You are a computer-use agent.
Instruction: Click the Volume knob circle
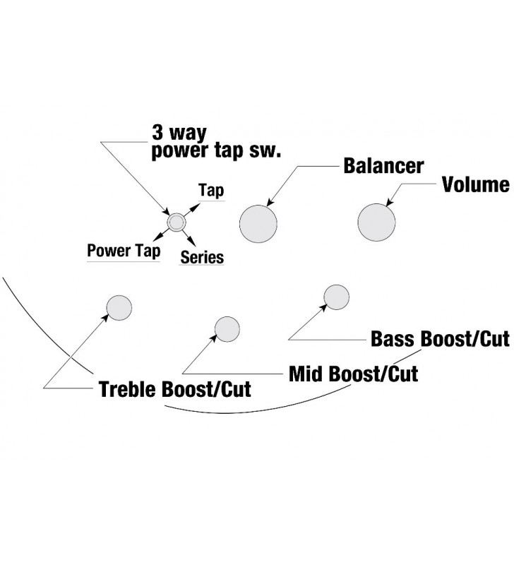[376, 221]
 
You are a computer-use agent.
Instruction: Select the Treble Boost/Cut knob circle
[119, 307]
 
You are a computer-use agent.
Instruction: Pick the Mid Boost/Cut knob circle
[227, 329]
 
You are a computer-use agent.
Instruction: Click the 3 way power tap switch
[175, 223]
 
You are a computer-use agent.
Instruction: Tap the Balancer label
[383, 167]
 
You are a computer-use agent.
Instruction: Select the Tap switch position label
[210, 191]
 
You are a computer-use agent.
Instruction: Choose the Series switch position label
[202, 257]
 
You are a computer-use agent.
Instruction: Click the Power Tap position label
[124, 251]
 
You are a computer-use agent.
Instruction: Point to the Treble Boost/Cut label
[174, 389]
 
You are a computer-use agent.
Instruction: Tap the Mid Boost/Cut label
[353, 373]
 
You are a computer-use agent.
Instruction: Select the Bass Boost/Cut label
[439, 339]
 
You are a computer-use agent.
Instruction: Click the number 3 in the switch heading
[158, 133]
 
